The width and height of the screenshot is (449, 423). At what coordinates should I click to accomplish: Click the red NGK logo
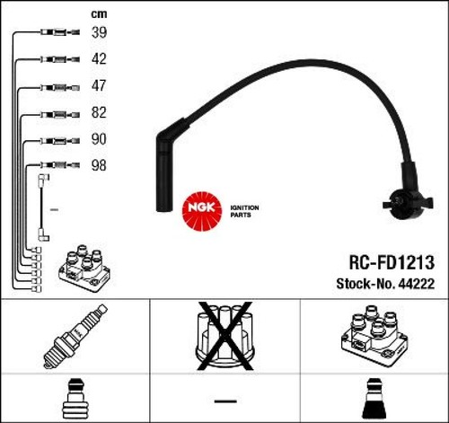202,211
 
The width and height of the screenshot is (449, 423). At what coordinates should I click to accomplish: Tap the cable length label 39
99,32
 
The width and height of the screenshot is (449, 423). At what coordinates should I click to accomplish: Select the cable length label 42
99,58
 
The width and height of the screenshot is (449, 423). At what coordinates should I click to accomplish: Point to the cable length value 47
99,85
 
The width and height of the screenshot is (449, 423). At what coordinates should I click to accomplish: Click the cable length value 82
99,112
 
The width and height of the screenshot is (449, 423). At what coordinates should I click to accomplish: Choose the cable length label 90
99,139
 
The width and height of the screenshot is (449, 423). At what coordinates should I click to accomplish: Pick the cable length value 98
99,165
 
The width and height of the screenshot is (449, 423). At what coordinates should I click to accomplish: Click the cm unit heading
99,14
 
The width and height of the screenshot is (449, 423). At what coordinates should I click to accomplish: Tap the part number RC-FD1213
392,262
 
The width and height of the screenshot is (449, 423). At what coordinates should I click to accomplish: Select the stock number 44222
417,284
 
